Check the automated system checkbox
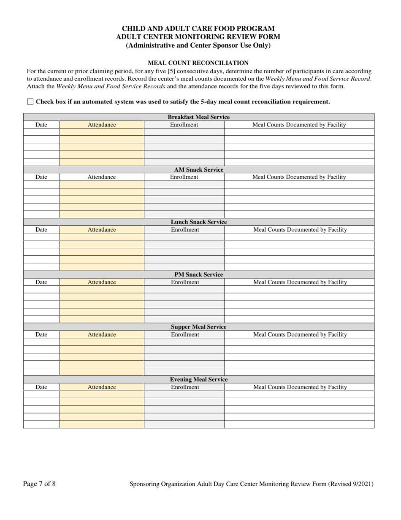(30, 101)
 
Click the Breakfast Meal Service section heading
(198, 117)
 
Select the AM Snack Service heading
(198, 170)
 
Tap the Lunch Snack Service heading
(198, 222)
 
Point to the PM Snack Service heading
(198, 274)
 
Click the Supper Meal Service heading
(198, 327)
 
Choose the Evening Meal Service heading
(198, 379)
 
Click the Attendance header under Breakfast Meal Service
(101, 125)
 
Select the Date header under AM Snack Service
(41, 177)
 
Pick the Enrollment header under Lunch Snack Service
(184, 230)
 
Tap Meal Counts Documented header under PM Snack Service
(300, 282)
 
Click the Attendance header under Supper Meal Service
(101, 334)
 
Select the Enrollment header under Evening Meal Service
(184, 387)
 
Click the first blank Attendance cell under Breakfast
(101, 132)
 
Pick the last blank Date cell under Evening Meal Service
(41, 424)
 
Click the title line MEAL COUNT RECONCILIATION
(198, 63)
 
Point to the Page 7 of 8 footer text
(39, 484)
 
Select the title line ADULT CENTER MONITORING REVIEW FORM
(198, 37)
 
